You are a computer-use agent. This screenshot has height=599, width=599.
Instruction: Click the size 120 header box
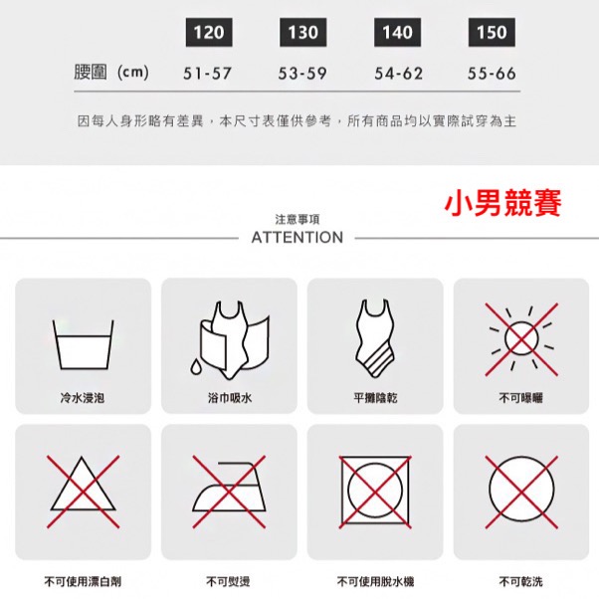coord(209,32)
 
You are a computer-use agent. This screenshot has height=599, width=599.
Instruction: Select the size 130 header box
coord(302,32)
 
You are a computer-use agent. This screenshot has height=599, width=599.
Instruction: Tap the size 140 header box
coord(397,32)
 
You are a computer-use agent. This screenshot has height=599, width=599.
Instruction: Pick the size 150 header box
coord(492,32)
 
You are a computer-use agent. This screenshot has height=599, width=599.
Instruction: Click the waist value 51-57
coord(207,74)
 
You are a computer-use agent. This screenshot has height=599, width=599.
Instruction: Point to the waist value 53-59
coord(302,74)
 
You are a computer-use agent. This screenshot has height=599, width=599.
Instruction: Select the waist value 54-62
coord(398,74)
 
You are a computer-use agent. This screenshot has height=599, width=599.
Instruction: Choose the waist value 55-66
coord(492,74)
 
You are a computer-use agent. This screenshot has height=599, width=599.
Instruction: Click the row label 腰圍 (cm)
coord(111,73)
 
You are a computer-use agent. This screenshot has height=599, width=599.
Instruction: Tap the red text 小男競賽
coord(502,203)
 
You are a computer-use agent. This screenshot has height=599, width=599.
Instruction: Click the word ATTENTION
coord(298,237)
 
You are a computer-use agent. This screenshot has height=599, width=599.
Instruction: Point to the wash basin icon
coord(83,344)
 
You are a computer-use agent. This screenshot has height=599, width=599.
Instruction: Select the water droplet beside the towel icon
coord(196,367)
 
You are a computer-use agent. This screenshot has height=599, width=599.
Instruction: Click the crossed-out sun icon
coord(521,339)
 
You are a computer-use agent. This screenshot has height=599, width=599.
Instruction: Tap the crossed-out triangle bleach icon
coord(83,492)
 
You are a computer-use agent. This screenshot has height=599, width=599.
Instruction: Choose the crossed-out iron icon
coord(229,492)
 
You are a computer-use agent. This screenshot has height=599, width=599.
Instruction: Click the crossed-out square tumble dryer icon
coord(375,492)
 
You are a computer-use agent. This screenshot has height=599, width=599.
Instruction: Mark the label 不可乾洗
coord(520,581)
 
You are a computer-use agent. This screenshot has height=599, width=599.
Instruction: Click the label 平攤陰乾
coord(375,398)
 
